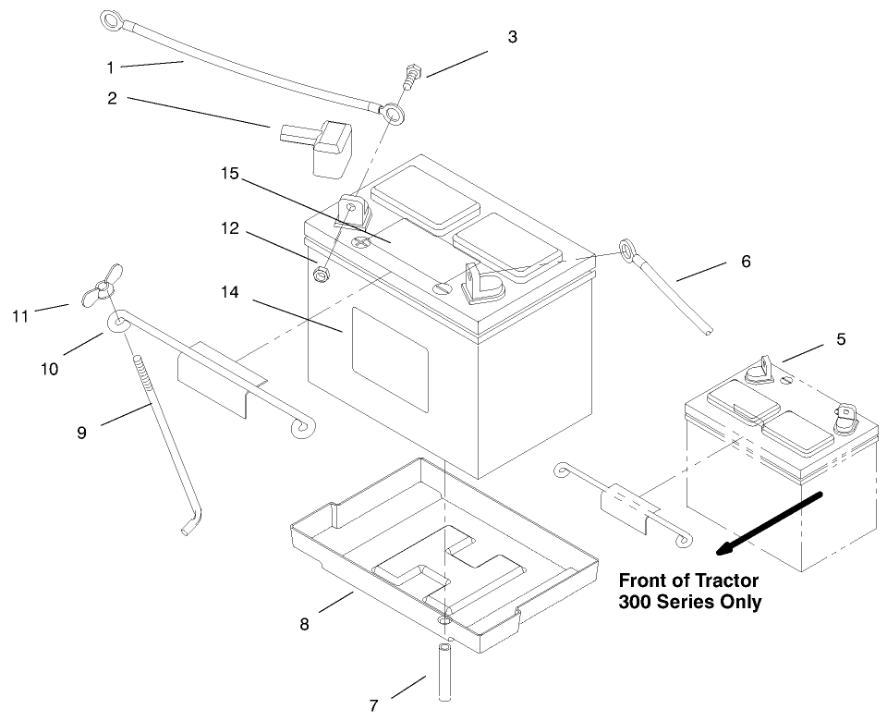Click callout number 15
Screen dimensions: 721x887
(229, 173)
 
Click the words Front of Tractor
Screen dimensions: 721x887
(687, 581)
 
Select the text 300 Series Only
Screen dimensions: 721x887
(689, 602)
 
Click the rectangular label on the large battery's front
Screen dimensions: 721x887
(389, 360)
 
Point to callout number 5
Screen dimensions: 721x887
(840, 339)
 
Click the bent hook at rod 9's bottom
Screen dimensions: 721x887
(190, 524)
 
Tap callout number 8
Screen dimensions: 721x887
(304, 624)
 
